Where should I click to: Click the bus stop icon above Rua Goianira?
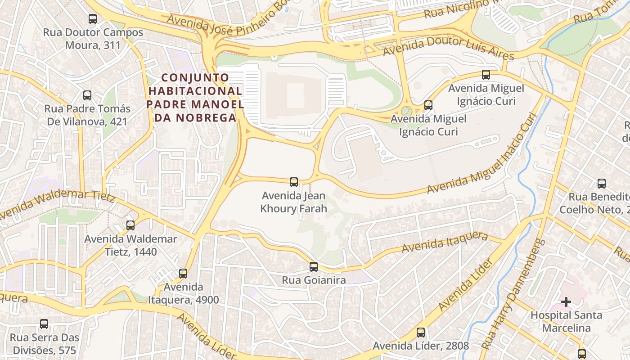pyautogui.click(x=314, y=266)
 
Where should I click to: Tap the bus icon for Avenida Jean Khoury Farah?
pyautogui.click(x=294, y=182)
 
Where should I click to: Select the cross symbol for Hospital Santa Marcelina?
pyautogui.click(x=566, y=301)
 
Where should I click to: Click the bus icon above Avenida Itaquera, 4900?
pyautogui.click(x=183, y=273)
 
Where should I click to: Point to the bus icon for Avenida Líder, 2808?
pyautogui.click(x=421, y=333)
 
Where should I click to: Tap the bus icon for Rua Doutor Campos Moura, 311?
pyautogui.click(x=93, y=19)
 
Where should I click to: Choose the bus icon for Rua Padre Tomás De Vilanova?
pyautogui.click(x=87, y=95)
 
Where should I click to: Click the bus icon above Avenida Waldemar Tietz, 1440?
pyautogui.click(x=130, y=225)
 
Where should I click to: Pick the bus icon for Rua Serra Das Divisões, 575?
pyautogui.click(x=44, y=324)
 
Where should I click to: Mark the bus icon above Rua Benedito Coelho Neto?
pyautogui.click(x=602, y=183)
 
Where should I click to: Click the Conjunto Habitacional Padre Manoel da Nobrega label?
pyautogui.click(x=195, y=98)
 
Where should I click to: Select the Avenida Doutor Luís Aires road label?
pyautogui.click(x=448, y=48)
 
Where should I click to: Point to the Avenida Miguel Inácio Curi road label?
pyautogui.click(x=482, y=153)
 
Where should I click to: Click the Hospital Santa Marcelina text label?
pyautogui.click(x=566, y=321)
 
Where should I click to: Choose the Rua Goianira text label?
pyautogui.click(x=314, y=280)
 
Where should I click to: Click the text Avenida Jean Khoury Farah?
pyautogui.click(x=294, y=202)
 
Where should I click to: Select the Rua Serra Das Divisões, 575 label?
pyautogui.click(x=44, y=344)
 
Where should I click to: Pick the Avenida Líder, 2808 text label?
pyautogui.click(x=421, y=346)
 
